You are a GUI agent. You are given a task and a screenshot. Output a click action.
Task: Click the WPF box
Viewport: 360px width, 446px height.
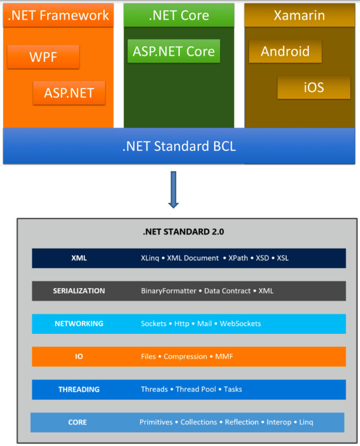(43, 57)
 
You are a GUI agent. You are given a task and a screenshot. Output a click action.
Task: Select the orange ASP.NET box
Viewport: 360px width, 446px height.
(69, 93)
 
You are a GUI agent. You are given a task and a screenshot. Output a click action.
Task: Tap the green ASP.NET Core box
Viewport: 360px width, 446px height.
(173, 51)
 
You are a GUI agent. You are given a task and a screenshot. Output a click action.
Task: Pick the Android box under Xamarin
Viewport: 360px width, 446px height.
(285, 51)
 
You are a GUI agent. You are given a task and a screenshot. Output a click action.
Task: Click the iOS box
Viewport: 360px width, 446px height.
(314, 87)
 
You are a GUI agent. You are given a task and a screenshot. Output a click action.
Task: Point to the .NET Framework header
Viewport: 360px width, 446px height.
(58, 15)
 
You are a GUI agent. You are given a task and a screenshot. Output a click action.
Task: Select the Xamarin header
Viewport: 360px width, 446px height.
(299, 15)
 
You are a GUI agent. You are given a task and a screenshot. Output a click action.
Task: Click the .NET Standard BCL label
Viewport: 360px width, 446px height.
(179, 146)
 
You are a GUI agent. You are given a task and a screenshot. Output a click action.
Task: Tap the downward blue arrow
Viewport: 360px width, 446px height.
(173, 190)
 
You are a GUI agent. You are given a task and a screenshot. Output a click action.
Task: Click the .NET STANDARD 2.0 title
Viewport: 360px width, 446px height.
(183, 232)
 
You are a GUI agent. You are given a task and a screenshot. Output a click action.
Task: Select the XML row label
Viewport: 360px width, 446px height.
(79, 258)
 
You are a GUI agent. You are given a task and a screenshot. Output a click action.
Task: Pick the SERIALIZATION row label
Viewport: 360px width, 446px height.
(79, 291)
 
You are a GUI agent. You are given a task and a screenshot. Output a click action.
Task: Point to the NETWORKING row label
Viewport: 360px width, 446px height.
(79, 324)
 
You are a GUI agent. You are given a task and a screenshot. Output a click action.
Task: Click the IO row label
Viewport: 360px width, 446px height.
(79, 356)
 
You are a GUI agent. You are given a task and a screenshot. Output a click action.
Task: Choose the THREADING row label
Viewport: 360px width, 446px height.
(79, 389)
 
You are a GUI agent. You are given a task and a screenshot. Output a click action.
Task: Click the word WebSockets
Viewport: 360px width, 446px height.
(241, 324)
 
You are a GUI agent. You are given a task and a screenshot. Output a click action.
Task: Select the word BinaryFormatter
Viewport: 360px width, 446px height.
(168, 291)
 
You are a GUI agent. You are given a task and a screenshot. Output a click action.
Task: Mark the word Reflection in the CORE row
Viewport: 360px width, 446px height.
(242, 422)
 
